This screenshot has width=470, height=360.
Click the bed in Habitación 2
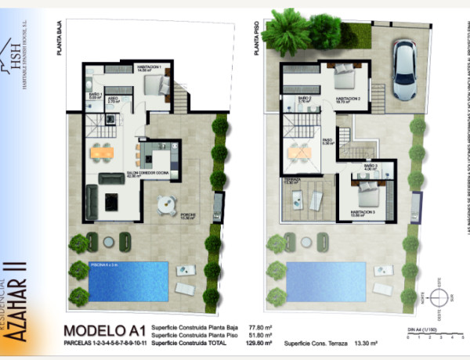(x=344, y=77)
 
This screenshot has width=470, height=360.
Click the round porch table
(x=167, y=204)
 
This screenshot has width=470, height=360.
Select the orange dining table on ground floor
(x=102, y=153)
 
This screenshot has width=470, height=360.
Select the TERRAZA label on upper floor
(x=293, y=180)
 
